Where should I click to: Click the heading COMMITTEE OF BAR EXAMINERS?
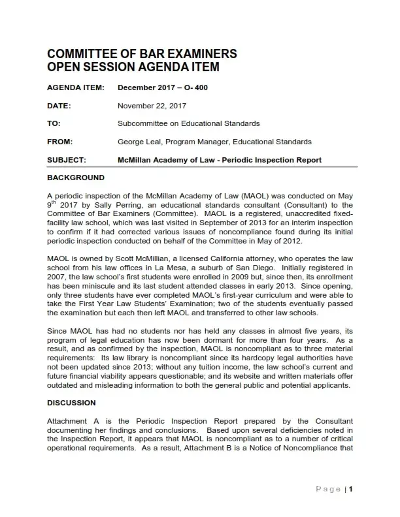142,54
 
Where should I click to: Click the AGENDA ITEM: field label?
75,87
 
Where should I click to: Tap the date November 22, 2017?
151,106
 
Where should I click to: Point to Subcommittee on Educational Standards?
188,123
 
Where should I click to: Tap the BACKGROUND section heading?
76,178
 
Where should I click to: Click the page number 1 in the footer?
351,489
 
